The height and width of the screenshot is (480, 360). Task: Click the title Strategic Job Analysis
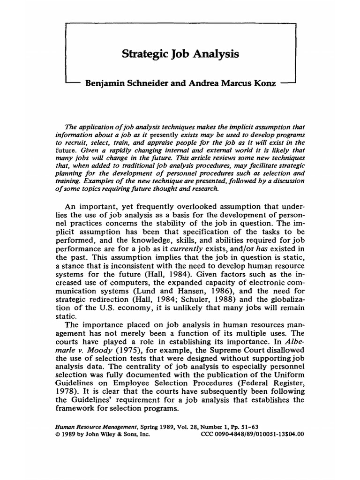(180, 54)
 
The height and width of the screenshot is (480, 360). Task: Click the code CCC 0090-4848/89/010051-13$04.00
(252, 434)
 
